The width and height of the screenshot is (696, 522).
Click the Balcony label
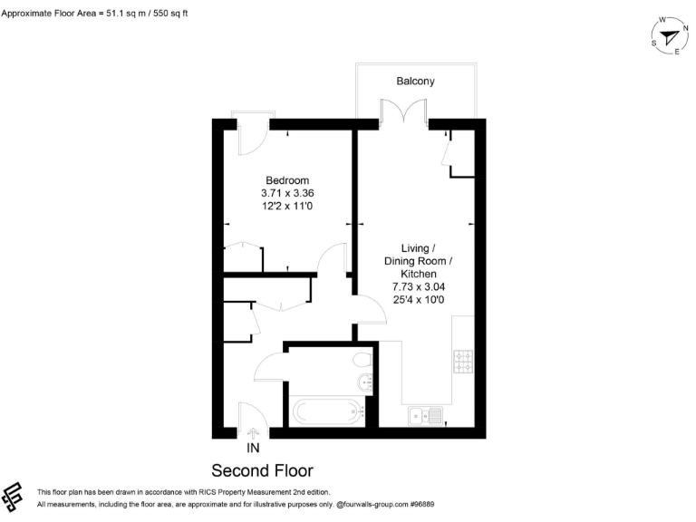point(415,81)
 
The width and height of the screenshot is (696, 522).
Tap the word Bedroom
point(286,179)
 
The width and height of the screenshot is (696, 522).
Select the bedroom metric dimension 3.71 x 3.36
point(286,193)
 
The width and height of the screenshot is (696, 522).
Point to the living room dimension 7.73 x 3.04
point(419,286)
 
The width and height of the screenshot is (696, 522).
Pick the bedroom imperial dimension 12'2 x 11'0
point(286,207)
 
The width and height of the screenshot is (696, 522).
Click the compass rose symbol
point(670,36)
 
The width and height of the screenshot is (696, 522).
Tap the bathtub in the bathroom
point(328,412)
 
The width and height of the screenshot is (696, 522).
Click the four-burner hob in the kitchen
point(462,362)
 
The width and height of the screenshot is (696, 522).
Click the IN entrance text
point(252,448)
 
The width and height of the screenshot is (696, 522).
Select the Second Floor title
point(262,470)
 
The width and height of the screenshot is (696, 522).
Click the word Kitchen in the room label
point(419,274)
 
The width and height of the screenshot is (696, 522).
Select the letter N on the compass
point(684,28)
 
